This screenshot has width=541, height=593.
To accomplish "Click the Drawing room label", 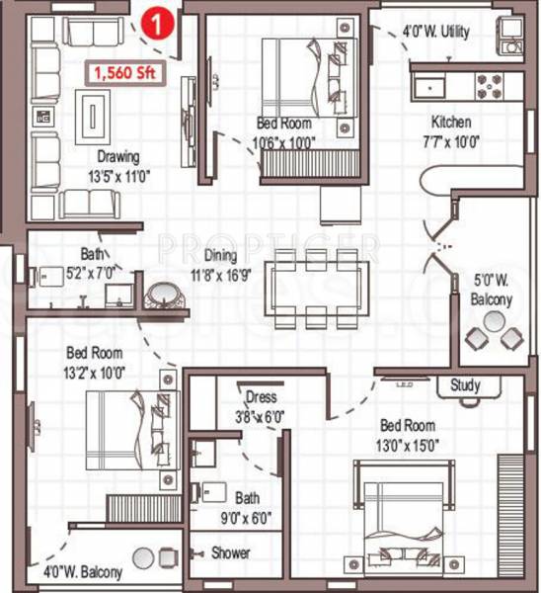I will coord(117,156).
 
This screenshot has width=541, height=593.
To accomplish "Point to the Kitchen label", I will coord(450,123).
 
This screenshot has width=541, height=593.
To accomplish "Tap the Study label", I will coord(465,385).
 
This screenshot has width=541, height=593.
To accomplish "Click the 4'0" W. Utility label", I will coord(435,32).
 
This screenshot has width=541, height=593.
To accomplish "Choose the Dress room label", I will coord(261,397).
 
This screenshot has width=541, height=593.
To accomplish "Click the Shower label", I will coord(230,553).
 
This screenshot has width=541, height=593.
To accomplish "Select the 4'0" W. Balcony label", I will coord(83,572).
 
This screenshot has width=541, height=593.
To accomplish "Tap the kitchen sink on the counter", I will coord(432,86).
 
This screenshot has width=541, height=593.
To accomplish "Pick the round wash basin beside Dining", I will coord(160,296).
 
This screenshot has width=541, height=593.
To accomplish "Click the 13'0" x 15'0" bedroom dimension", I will coord(408,443).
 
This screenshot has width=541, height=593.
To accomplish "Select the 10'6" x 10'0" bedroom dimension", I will coord(283,140).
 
